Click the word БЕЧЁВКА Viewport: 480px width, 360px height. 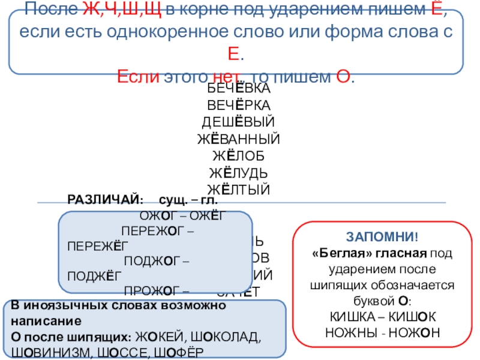point(239,89)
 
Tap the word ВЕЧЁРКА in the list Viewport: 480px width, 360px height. point(239,106)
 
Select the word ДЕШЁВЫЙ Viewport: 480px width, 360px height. point(239,122)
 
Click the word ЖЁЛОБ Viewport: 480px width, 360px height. point(239,157)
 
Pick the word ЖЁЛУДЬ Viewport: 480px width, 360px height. point(239,173)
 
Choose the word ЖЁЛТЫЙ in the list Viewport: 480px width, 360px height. point(239,190)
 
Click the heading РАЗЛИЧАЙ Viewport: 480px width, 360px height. point(105,199)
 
